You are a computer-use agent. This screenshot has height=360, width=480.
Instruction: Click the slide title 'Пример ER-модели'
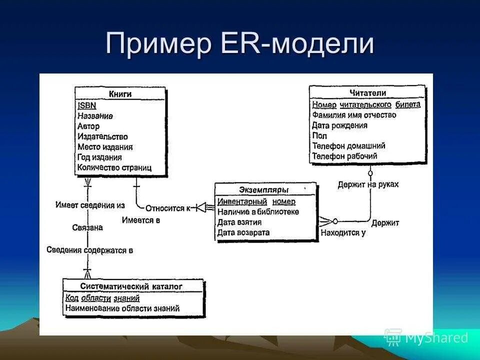[x=239, y=44]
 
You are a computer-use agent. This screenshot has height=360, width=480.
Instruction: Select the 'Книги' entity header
[x=120, y=94]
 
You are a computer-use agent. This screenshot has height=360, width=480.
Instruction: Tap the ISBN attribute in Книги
[x=87, y=105]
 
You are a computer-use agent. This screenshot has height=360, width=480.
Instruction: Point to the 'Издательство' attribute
[x=102, y=136]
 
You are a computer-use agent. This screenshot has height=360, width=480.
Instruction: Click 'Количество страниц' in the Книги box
[x=114, y=168]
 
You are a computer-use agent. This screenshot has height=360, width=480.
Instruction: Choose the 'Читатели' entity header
[x=367, y=93]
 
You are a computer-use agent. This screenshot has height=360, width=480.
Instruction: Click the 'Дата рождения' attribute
[x=339, y=125]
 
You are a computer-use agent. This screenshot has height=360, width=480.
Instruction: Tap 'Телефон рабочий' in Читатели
[x=344, y=156]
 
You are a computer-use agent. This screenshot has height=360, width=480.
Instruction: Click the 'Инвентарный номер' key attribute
[x=256, y=201]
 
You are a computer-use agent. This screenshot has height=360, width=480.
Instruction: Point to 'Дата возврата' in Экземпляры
[x=243, y=232]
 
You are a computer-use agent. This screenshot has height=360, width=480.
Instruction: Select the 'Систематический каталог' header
[x=131, y=286]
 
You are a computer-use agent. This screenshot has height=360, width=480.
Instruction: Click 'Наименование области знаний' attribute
[x=122, y=308]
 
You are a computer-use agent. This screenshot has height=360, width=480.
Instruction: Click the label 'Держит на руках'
[x=368, y=184]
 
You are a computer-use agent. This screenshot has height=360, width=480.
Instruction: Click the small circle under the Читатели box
[x=370, y=173]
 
